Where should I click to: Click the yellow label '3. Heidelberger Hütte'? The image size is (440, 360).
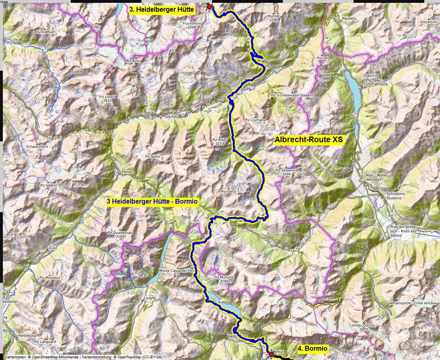162,9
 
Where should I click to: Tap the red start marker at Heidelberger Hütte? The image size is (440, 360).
209,7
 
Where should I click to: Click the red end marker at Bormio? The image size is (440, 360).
271,354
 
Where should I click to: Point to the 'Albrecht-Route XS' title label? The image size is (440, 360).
309,140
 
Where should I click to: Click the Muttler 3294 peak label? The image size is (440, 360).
274,18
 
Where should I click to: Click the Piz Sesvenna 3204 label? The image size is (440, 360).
286,173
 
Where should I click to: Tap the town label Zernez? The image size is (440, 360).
127,172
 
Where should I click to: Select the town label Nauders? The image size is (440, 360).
349,19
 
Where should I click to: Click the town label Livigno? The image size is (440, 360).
150,298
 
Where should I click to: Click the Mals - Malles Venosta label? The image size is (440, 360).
376,177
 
